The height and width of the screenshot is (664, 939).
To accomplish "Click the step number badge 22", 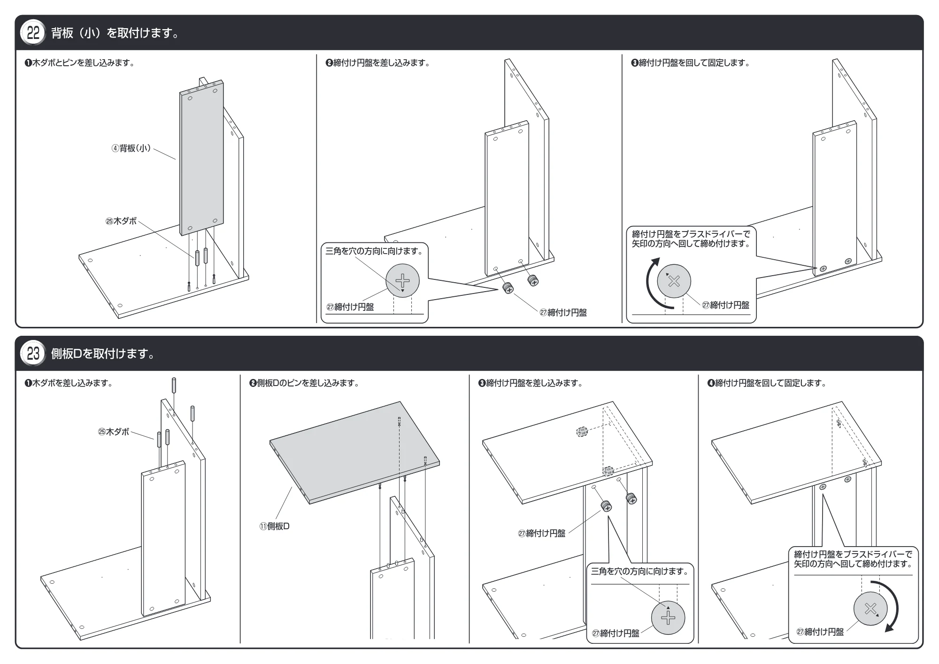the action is coord(33,33).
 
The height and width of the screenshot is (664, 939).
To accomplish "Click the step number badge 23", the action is coord(33,354).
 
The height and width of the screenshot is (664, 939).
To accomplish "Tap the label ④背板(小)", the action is coord(131,148).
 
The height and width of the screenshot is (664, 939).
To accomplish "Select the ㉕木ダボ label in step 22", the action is coord(121,221).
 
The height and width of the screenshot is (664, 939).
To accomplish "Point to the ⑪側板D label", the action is coord(275,526).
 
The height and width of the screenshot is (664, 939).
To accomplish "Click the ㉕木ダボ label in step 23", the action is coord(114,432).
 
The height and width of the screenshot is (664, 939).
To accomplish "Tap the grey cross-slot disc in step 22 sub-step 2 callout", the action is coord(402,281).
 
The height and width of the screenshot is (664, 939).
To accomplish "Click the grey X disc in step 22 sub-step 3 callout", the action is coord(674,281).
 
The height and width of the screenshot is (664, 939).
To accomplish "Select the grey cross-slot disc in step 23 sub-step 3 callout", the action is coord(668,618).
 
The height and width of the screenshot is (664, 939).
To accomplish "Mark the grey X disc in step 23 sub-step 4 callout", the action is coord(870,609).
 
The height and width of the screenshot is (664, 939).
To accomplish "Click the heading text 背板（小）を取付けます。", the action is coord(116,33).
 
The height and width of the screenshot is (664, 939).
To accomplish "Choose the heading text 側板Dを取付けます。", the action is coord(103,354).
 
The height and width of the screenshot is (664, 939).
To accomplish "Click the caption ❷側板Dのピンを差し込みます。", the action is coord(305,383).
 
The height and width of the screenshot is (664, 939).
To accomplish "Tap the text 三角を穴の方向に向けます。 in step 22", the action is coord(375,251).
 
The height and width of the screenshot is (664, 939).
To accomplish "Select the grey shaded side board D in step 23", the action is coord(354,452).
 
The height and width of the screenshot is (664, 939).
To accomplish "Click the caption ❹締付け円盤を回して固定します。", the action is coord(767,383).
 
